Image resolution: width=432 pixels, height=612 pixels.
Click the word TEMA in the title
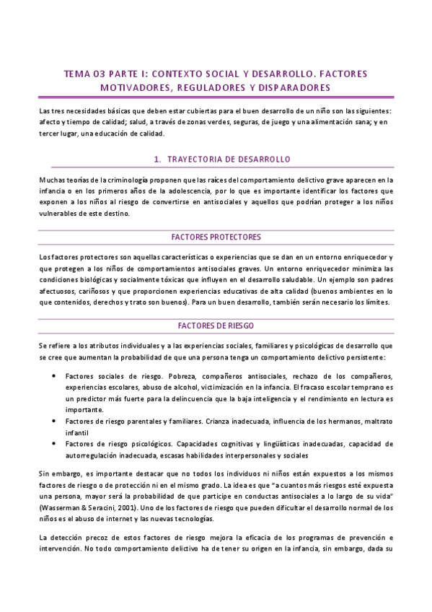(77, 73)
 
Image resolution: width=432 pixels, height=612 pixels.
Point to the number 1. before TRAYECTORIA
(157, 159)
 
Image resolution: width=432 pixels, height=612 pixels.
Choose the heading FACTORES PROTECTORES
(216, 237)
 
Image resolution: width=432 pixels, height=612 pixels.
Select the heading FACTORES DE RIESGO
(216, 325)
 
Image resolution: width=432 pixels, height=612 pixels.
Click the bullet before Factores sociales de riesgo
(56, 377)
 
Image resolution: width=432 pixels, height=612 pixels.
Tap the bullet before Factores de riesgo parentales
(56, 420)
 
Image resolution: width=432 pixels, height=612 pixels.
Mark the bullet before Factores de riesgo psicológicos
(56, 443)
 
